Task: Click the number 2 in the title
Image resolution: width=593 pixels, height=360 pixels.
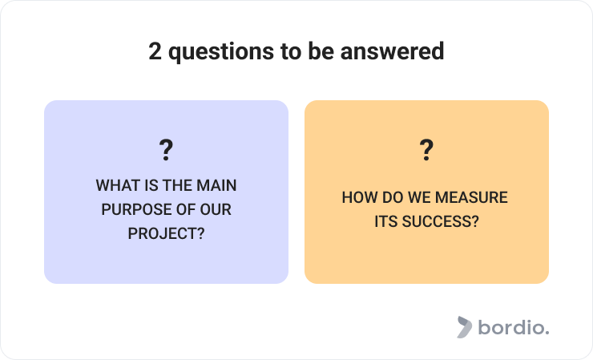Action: click(155, 51)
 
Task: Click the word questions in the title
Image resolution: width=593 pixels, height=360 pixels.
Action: click(221, 52)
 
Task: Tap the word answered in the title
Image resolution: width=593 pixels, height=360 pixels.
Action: click(392, 51)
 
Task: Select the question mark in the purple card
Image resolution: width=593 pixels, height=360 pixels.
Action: click(166, 150)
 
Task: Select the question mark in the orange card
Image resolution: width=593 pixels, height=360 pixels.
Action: click(426, 150)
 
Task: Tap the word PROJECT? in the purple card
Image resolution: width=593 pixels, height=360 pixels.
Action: click(166, 233)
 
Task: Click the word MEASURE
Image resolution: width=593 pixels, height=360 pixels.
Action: click(471, 197)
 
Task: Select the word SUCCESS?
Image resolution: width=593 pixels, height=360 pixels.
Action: click(440, 221)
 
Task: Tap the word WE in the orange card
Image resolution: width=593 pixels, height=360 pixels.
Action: click(420, 197)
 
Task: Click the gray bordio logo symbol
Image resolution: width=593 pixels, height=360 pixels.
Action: click(465, 327)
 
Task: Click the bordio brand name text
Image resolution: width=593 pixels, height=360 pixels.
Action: click(514, 327)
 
